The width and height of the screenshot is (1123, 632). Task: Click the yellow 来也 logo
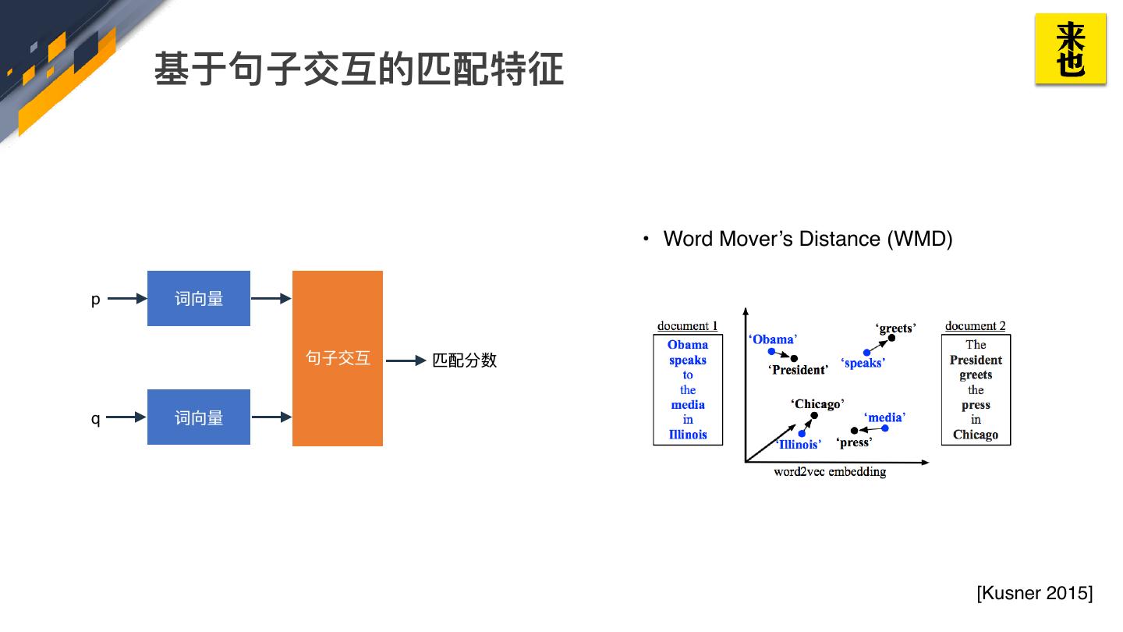coord(1070,48)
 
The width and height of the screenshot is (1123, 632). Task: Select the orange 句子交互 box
coord(338,358)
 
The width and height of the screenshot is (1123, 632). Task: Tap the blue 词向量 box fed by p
coord(199,299)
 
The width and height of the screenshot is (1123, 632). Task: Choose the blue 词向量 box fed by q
coord(199,417)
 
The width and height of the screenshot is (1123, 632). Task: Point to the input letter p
coord(95,300)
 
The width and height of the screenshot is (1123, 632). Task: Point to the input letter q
coord(95,419)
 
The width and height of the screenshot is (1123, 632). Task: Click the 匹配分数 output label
coord(465,360)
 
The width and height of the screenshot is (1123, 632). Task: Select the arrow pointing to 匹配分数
coord(406,360)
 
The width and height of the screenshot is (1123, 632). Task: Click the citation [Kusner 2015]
coord(1034,593)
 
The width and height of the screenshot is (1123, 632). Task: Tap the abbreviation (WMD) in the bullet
coord(919,239)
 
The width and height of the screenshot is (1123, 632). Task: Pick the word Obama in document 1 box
coord(688,345)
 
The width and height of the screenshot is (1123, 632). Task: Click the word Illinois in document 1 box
coord(688,435)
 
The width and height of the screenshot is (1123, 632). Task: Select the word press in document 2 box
coord(976,405)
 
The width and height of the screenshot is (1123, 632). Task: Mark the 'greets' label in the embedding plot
coord(895,328)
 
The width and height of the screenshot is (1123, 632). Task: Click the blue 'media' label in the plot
coord(884,417)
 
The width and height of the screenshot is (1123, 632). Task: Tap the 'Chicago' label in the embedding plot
coord(817,404)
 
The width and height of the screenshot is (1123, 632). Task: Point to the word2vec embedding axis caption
coord(830,471)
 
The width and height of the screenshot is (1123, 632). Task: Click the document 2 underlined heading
coord(975,326)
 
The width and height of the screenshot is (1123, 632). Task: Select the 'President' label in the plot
coord(798,370)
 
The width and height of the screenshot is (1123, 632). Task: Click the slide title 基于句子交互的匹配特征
coord(359,69)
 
